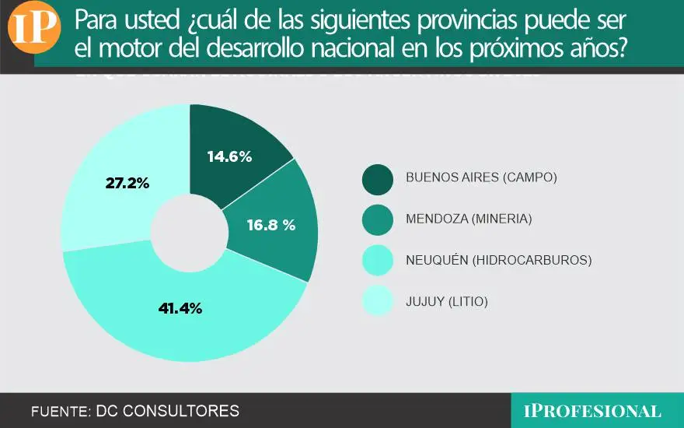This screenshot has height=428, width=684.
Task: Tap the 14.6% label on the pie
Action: [229, 156]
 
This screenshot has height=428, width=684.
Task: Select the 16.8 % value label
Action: [271, 226]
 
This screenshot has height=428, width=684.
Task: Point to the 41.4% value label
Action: [180, 308]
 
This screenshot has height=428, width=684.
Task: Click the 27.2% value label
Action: [127, 184]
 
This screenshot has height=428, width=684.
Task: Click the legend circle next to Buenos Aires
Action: [378, 177]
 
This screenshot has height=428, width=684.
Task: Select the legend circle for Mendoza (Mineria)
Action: [378, 219]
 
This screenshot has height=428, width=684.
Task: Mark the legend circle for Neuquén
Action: [378, 260]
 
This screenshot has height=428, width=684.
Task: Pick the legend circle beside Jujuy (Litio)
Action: [378, 301]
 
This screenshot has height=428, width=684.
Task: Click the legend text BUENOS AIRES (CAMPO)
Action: [482, 177]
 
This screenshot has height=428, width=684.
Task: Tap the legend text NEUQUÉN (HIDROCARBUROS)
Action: [498, 260]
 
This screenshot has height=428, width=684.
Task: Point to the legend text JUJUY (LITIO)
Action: [447, 301]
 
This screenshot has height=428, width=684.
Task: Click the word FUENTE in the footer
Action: [58, 411]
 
